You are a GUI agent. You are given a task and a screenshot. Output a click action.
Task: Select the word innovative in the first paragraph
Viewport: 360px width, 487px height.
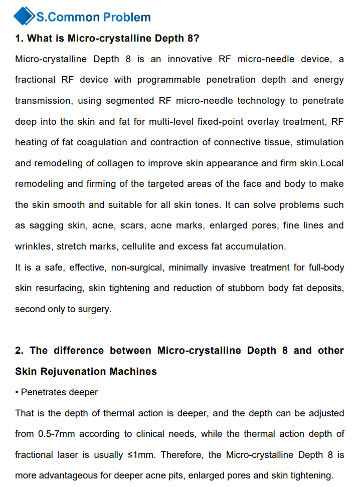tap(190, 59)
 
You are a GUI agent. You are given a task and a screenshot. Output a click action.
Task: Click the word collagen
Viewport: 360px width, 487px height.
tap(135, 163)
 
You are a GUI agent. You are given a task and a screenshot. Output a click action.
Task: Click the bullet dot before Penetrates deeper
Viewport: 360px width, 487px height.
tap(17, 393)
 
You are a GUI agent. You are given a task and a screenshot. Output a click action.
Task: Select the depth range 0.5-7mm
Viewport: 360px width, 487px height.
tap(57, 434)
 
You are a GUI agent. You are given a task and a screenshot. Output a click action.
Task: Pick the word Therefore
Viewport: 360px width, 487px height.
tap(184, 455)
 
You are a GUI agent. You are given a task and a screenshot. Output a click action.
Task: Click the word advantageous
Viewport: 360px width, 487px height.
tap(65, 475)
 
